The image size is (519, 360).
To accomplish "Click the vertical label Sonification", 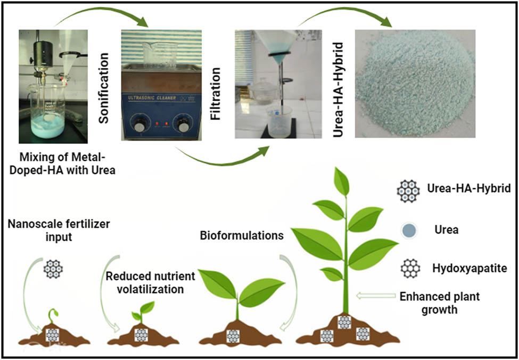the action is [104, 87].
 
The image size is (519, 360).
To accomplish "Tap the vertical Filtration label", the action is [215, 94].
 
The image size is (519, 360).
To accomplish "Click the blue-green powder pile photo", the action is [415, 84].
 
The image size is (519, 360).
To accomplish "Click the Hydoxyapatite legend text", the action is [469, 268].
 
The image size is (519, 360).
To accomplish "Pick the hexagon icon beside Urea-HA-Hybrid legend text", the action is [408, 191].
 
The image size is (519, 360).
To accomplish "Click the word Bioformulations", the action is [242, 236].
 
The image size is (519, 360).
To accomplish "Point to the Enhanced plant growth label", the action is [440, 303].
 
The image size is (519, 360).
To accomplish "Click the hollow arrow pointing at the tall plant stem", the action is [376, 296].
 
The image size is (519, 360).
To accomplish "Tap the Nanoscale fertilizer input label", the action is [59, 231].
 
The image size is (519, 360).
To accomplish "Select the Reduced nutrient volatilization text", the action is [151, 282].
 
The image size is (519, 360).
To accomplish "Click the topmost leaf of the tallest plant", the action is [342, 181].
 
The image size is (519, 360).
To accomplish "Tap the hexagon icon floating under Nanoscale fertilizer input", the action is [53, 269].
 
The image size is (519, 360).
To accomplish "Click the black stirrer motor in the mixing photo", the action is [43, 54].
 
